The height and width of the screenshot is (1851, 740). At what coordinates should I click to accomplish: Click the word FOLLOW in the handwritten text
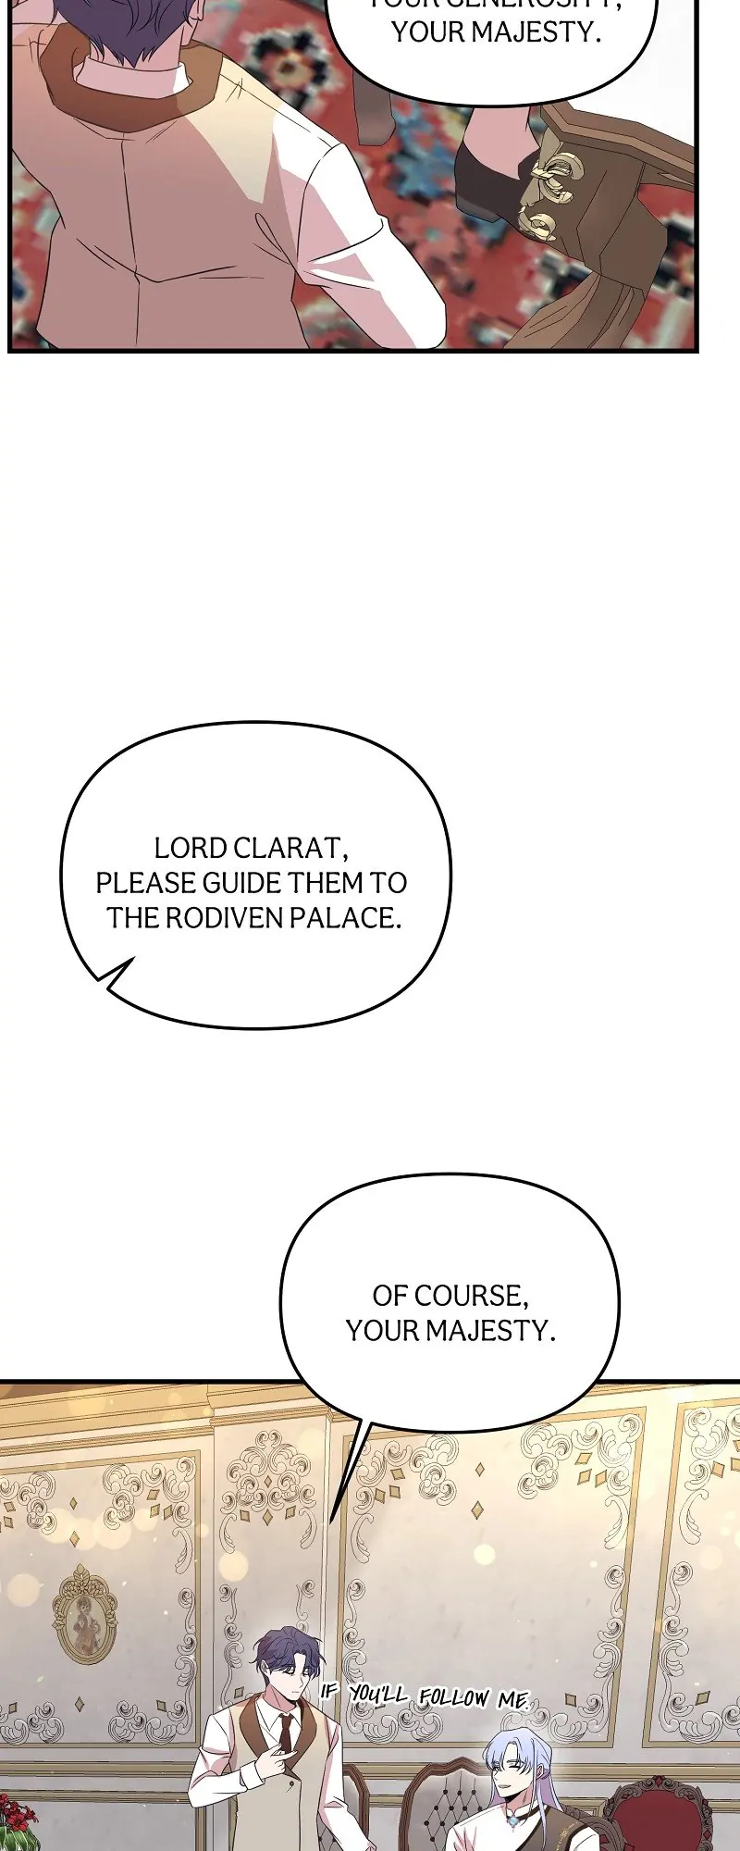tap(453, 1697)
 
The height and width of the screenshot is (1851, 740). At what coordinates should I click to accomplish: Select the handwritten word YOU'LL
tap(378, 1695)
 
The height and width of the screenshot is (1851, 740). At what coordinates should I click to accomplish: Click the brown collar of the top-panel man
tap(120, 83)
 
